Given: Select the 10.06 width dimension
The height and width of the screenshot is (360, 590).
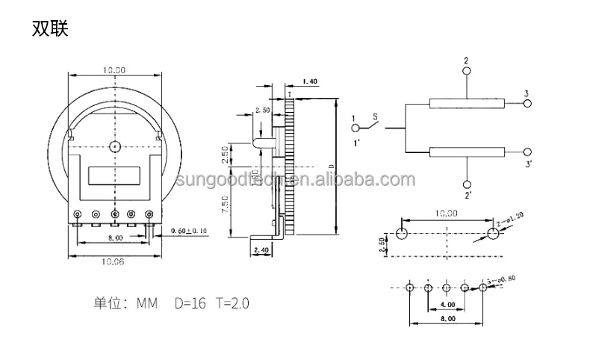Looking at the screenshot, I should [x=114, y=261].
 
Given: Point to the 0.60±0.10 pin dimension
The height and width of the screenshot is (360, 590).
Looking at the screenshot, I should [x=187, y=231].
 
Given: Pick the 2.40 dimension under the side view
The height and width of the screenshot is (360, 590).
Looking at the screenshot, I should [x=261, y=249].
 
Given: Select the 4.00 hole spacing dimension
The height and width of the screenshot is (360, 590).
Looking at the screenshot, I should [x=447, y=305].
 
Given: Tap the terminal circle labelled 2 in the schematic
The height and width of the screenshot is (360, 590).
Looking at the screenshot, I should [x=466, y=72].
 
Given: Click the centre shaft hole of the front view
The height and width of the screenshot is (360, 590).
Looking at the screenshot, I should [x=114, y=147].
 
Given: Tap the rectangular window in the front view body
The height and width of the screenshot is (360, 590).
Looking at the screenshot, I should [x=114, y=177].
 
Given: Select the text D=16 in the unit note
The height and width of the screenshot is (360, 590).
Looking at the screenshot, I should [x=191, y=303].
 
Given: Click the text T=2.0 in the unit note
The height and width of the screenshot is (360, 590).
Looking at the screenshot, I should [x=232, y=303].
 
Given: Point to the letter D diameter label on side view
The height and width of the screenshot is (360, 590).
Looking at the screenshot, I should [x=330, y=166].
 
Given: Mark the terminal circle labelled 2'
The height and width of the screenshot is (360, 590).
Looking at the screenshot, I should [x=466, y=185].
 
